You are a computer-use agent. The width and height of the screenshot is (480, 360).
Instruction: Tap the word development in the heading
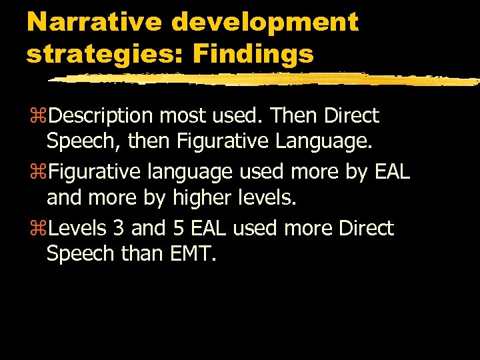click(265, 22)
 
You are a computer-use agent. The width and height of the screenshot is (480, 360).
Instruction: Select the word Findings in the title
click(253, 54)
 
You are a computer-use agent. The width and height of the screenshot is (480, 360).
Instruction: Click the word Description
click(102, 116)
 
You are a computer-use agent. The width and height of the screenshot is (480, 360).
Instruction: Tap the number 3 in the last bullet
click(118, 229)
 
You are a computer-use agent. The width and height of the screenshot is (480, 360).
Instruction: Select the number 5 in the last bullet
click(178, 229)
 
